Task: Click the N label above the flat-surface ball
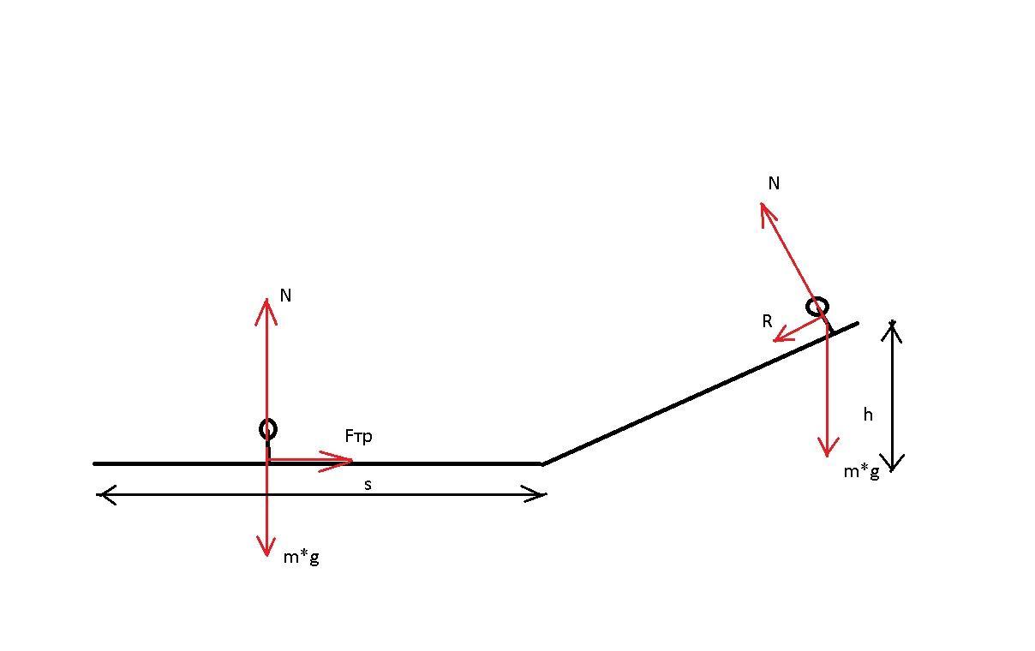285,296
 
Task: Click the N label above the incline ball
774,183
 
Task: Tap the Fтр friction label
358,436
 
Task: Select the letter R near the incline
767,321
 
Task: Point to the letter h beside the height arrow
868,415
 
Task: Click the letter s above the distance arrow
368,485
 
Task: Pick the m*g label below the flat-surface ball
302,558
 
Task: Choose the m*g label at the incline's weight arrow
862,472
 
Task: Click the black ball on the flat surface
268,429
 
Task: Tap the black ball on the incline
817,307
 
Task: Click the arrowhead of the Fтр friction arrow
352,460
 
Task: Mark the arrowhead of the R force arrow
775,341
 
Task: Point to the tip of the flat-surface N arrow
266,299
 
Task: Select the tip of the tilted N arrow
762,203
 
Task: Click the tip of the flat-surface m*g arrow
266,556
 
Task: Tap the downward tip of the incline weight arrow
827,457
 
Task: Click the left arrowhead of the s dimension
97,495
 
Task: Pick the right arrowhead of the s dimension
546,495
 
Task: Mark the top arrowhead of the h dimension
892,321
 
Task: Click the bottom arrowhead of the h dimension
892,471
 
